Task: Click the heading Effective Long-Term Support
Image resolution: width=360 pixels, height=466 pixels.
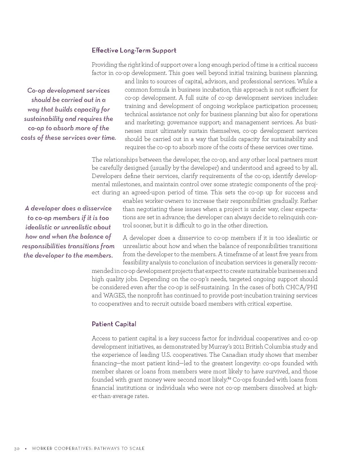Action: (x=134, y=50)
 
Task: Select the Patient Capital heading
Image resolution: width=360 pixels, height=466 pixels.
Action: (x=114, y=324)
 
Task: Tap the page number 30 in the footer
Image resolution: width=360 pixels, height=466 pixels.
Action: (x=17, y=448)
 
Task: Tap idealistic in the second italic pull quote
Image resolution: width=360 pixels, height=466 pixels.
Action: (x=38, y=227)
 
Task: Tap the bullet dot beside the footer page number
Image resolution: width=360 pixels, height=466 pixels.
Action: (x=25, y=448)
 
